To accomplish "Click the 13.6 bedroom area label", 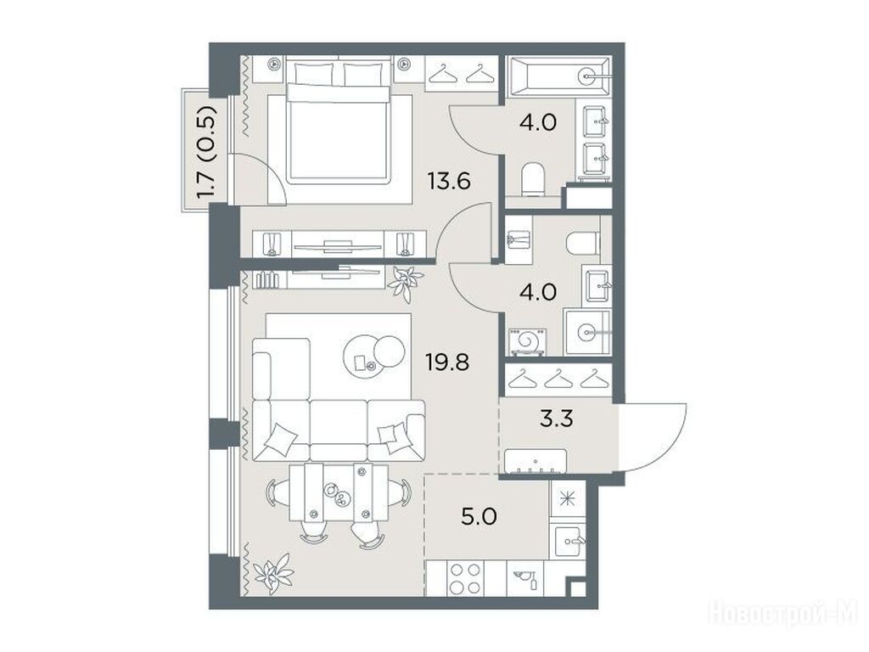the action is [449, 181].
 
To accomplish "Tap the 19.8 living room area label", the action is [447, 363].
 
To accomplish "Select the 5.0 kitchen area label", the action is [479, 517].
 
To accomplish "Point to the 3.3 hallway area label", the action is [557, 419].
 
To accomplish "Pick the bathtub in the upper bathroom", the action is [559, 76].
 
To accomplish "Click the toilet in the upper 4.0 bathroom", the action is [533, 179].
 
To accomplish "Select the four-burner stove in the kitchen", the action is [464, 578].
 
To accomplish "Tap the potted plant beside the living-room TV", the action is [405, 282].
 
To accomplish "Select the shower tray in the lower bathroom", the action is [588, 333].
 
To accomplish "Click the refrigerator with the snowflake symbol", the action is [567, 498].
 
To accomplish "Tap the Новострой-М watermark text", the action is [782, 615].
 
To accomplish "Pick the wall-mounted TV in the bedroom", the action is [338, 244].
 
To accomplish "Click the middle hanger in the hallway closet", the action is [558, 379].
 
